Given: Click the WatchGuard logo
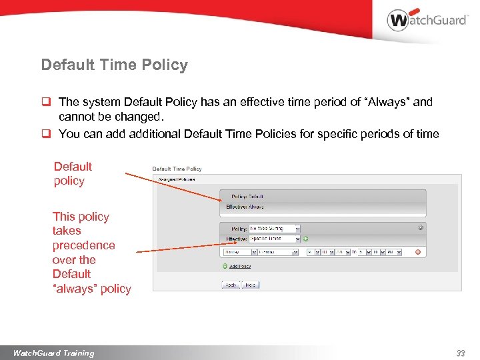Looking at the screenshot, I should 427,20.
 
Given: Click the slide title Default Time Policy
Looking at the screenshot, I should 114,65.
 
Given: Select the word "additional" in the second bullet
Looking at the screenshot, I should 137,134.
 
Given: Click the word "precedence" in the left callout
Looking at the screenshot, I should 83,245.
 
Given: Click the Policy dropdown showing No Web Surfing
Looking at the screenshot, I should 274,229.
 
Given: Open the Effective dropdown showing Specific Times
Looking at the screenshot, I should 274,239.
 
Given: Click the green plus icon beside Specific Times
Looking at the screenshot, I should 306,239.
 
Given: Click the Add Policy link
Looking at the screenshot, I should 239,266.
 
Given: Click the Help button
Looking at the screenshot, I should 251,285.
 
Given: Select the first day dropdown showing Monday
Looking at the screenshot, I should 239,252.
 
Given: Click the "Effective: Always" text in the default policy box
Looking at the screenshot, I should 245,207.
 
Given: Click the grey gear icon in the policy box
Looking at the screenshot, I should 421,227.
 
